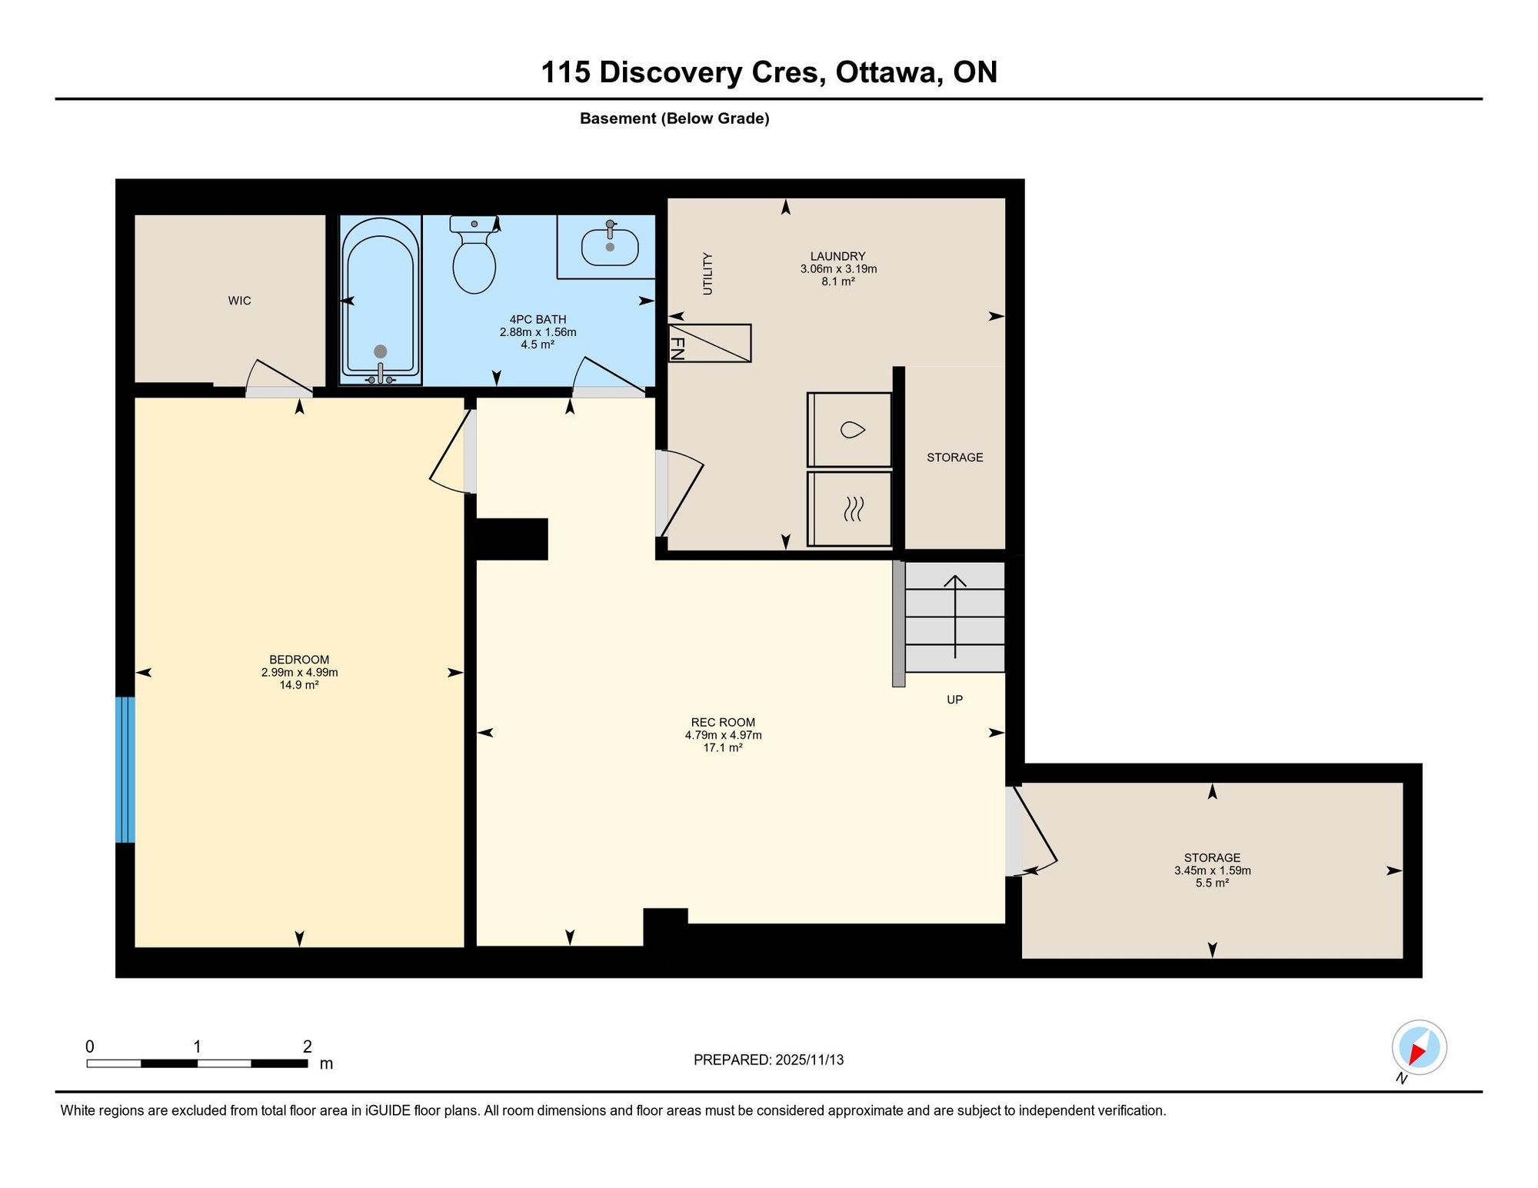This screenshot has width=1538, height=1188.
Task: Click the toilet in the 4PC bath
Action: pos(474,255)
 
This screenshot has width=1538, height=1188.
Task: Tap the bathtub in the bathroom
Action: pos(381,300)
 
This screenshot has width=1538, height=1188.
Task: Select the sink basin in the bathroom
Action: pos(610,246)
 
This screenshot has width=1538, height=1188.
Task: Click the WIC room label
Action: pos(239,301)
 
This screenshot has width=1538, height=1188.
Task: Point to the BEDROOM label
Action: pos(299,660)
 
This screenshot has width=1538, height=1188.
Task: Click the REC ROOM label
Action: pos(723,722)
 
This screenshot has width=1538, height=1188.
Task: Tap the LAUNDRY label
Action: pos(837,256)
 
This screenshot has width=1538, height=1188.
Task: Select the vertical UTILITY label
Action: pos(707,274)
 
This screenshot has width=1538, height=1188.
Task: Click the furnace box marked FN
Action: pos(710,343)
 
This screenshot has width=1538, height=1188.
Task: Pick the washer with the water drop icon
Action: pos(850,430)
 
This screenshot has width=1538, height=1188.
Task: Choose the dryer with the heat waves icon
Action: pos(850,509)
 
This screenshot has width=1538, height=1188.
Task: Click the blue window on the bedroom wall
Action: pos(125,770)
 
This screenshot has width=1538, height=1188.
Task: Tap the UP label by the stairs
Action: pos(954,700)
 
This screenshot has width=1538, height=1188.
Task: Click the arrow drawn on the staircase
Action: pos(955,617)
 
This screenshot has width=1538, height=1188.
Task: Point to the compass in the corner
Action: pos(1419,1047)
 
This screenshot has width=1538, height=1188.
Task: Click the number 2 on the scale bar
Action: pos(308,1047)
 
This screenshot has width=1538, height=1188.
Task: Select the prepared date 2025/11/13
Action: pos(810,1060)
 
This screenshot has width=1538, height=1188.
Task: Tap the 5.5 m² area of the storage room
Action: pos(1212,883)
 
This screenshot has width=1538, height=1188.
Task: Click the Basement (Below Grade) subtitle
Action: pos(674,118)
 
